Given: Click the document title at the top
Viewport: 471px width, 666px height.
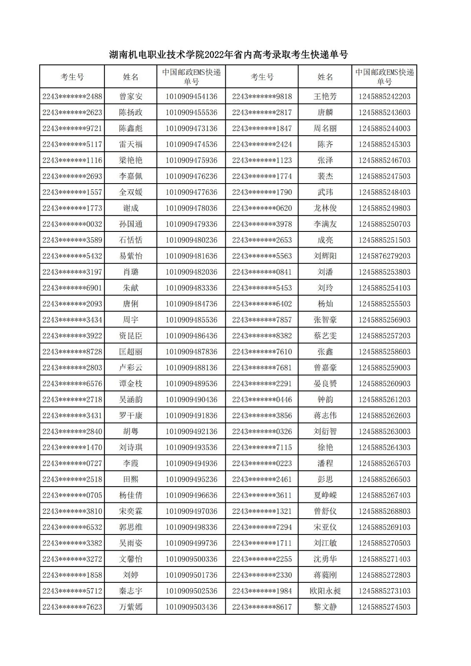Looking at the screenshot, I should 228,55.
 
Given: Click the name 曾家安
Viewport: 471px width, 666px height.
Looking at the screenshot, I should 131,97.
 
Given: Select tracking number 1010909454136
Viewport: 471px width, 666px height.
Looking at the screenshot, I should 192,97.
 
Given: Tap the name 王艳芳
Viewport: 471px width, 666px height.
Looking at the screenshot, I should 325,97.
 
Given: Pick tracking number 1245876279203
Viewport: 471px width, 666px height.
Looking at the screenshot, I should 384,256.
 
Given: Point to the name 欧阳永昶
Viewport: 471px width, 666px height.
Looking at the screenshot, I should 325,591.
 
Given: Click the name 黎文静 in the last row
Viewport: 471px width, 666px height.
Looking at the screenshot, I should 325,607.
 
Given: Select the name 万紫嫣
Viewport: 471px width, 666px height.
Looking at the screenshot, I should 131,607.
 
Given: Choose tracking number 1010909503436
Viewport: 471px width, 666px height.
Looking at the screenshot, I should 192,607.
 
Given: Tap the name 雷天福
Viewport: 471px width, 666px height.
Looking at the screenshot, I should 131,144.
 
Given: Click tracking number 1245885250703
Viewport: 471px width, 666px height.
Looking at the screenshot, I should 384,224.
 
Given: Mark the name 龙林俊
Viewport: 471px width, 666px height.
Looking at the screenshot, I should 325,208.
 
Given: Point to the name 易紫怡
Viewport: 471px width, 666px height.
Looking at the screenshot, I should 131,256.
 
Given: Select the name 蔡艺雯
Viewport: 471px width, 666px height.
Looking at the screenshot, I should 325,335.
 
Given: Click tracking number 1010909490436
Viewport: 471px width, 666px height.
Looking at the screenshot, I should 192,400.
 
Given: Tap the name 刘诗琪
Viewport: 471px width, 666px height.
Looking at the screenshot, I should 131,447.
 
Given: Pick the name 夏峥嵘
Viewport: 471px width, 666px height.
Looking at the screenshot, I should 325,495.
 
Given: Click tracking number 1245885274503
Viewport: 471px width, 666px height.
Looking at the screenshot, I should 384,607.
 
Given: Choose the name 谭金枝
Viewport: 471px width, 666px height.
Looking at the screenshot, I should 131,383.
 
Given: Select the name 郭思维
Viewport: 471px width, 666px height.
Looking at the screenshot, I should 131,527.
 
